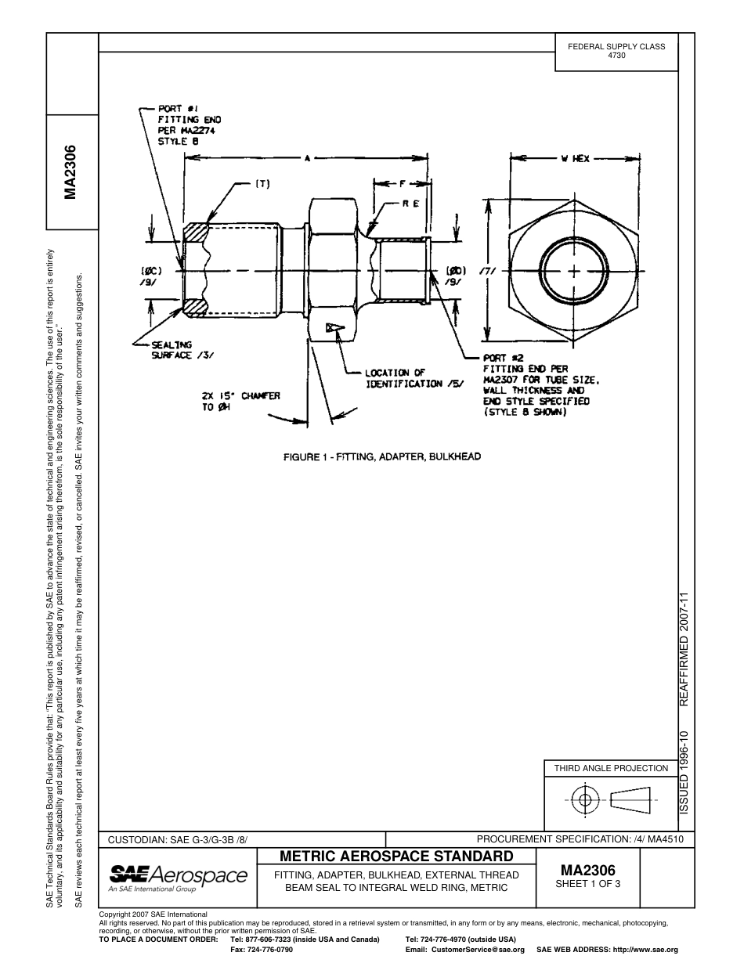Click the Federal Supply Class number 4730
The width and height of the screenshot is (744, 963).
pyautogui.click(x=616, y=56)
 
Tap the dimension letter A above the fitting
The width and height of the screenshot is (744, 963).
pyautogui.click(x=308, y=159)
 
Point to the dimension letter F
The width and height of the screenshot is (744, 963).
pyautogui.click(x=402, y=185)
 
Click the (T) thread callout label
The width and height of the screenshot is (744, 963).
pyautogui.click(x=262, y=184)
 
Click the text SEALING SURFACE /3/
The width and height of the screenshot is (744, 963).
pyautogui.click(x=179, y=349)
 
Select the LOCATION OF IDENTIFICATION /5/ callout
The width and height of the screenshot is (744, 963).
pyautogui.click(x=414, y=378)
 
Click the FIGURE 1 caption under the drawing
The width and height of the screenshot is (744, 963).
pyautogui.click(x=381, y=456)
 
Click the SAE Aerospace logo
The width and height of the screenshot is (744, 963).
pyautogui.click(x=178, y=877)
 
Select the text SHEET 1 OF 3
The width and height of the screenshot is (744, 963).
pyautogui.click(x=587, y=885)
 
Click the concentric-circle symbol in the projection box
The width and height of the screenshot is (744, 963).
pyautogui.click(x=584, y=800)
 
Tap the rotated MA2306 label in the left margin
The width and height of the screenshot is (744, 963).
pyautogui.click(x=71, y=172)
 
